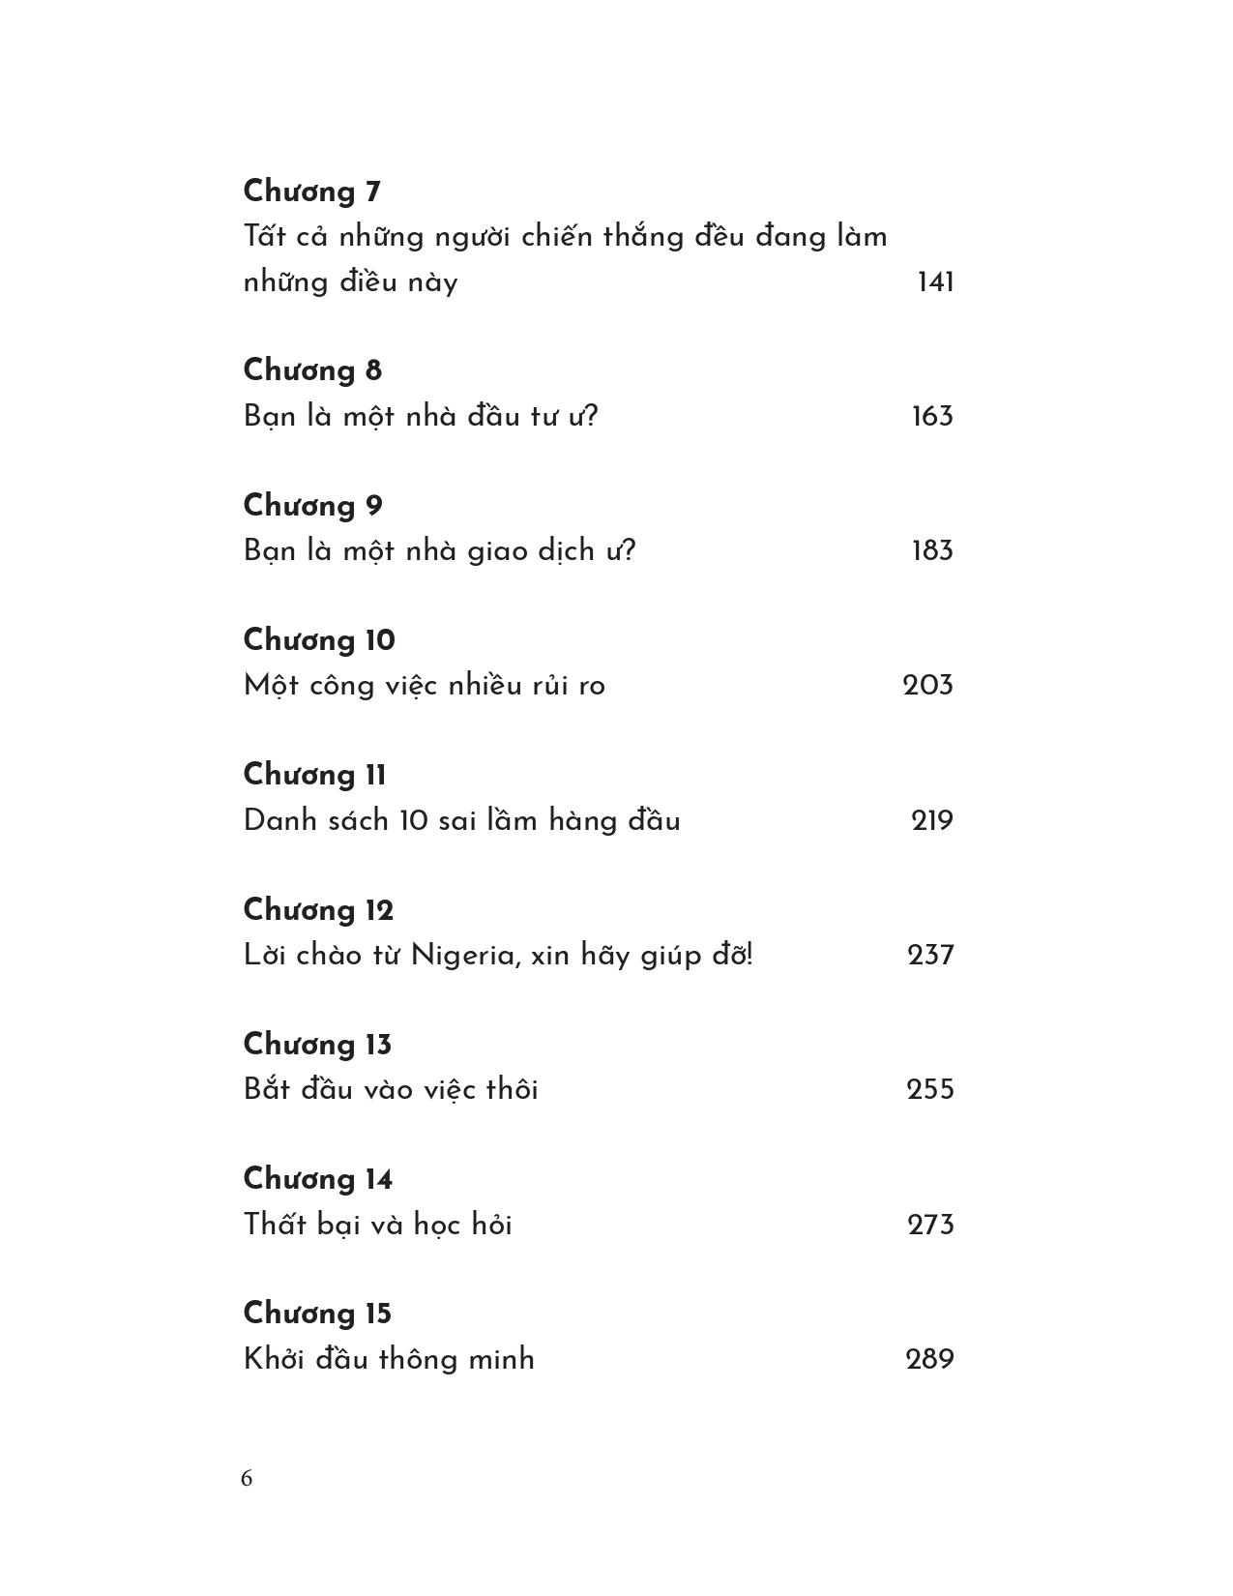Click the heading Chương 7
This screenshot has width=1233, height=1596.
click(x=311, y=192)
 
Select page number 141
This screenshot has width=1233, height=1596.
click(x=935, y=282)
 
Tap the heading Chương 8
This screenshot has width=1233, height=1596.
click(x=312, y=370)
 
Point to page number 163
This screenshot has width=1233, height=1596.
click(x=932, y=417)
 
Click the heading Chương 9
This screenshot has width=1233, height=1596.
click(x=312, y=506)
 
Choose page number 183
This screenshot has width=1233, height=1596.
click(x=932, y=551)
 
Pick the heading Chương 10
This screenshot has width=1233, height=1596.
click(x=319, y=640)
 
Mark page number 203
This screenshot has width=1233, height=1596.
click(x=927, y=686)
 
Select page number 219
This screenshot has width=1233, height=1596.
click(x=932, y=821)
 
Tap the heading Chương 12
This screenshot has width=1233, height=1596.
click(x=318, y=910)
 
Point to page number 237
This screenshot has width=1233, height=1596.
click(x=930, y=956)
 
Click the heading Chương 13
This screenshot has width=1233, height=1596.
click(x=317, y=1045)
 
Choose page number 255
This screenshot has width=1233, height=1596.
click(x=930, y=1090)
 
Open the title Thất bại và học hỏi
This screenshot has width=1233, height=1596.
click(x=378, y=1225)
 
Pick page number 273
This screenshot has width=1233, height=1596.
click(x=930, y=1226)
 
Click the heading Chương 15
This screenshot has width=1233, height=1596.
click(x=317, y=1314)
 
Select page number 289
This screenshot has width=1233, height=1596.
click(x=929, y=1359)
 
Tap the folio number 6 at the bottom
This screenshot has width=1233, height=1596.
click(x=247, y=1478)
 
